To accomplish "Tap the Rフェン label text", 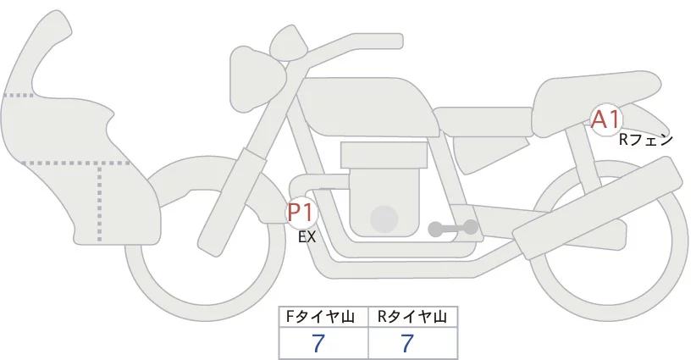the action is [x=645, y=140].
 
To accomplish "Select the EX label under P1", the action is [x=307, y=237].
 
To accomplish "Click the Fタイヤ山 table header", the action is [x=323, y=317].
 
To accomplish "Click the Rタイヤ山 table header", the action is [x=412, y=317].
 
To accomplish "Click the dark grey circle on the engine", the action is [x=384, y=219].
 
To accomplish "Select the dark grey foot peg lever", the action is [x=453, y=228].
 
